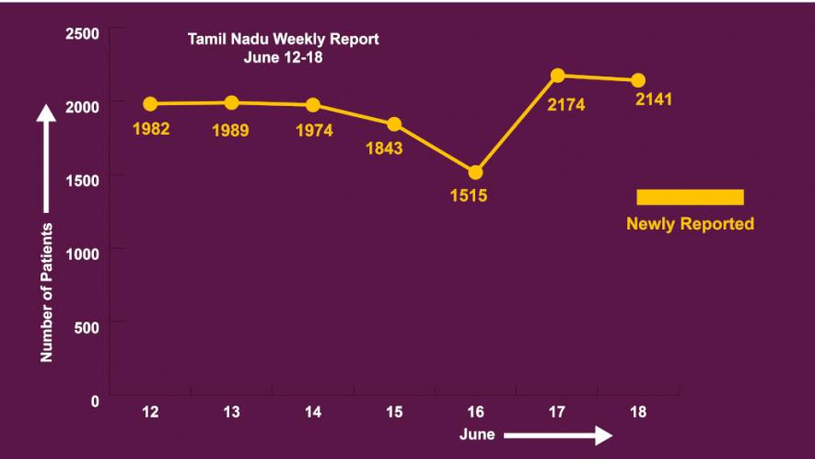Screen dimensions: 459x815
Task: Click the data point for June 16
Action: click(x=475, y=172)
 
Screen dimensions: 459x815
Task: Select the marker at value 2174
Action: click(x=557, y=75)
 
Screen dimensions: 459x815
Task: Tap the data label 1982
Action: click(x=151, y=128)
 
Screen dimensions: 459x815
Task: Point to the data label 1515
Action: click(x=468, y=195)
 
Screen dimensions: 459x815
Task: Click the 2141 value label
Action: click(x=654, y=99)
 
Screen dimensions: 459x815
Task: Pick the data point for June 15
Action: click(x=394, y=124)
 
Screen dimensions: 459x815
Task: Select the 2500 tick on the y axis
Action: click(x=83, y=34)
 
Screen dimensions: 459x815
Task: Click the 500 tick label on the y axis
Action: click(x=88, y=324)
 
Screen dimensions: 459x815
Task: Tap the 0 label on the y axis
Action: click(x=95, y=401)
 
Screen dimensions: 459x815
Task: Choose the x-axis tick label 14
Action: click(x=313, y=412)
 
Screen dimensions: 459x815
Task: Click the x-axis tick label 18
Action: click(x=638, y=412)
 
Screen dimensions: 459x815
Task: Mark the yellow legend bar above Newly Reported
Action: click(x=690, y=196)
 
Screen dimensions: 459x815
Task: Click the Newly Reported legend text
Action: click(x=690, y=224)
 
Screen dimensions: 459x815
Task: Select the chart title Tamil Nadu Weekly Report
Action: click(x=283, y=40)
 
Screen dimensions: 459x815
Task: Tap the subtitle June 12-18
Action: click(x=283, y=56)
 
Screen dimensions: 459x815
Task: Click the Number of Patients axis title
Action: click(x=46, y=290)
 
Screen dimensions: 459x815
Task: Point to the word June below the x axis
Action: click(x=477, y=434)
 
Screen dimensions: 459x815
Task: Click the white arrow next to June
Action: click(x=557, y=435)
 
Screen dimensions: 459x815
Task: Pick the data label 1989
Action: click(x=230, y=130)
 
